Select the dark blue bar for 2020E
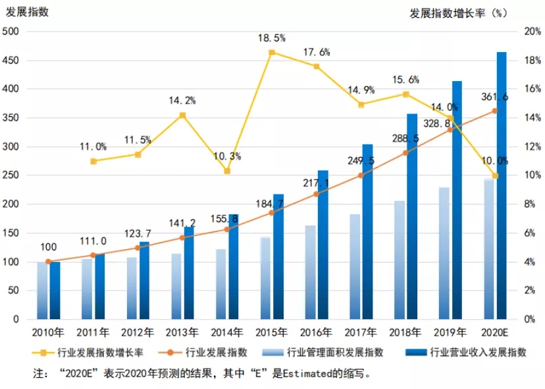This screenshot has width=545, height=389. point(502,185)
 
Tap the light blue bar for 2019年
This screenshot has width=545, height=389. point(445,253)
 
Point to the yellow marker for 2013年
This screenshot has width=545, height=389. point(182,115)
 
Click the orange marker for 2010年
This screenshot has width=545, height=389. point(48,262)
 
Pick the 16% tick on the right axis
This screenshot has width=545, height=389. point(530,89)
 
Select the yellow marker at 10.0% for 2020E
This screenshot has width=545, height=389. point(496,175)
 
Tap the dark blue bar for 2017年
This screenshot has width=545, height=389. point(367,231)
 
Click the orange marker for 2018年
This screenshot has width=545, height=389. point(406,153)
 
